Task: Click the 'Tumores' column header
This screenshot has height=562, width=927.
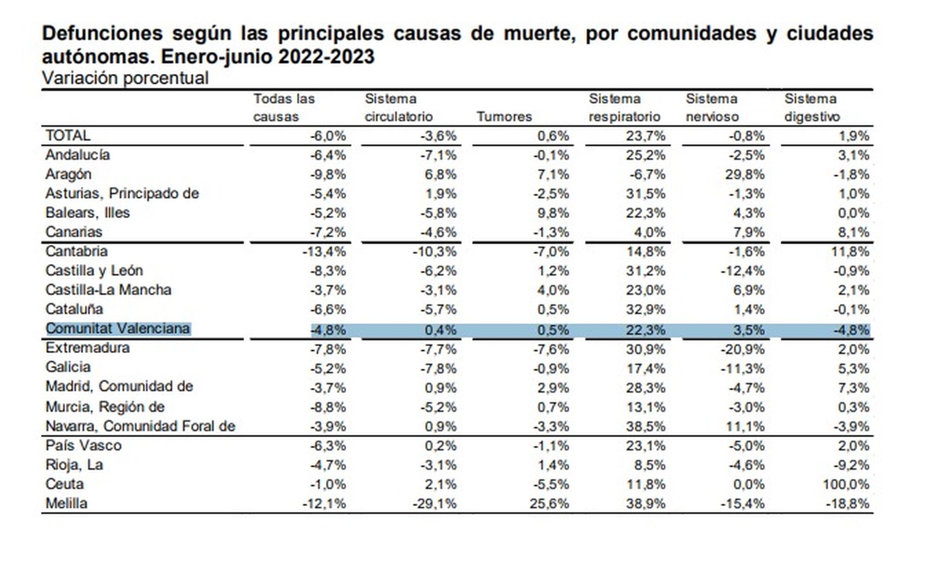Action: click(504, 116)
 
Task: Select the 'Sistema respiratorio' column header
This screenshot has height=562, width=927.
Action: click(624, 108)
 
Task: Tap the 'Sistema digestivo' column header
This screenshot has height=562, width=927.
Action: click(811, 108)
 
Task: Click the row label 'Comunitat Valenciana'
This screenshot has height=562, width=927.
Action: click(118, 329)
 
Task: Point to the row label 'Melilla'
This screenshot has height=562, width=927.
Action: click(67, 503)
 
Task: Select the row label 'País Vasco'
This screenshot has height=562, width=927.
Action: click(83, 446)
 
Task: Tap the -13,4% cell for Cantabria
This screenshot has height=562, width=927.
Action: click(324, 251)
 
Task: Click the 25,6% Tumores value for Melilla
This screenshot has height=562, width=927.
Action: click(549, 503)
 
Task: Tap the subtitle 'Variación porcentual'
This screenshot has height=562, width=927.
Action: click(125, 78)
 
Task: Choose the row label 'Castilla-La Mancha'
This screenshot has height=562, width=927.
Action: click(108, 290)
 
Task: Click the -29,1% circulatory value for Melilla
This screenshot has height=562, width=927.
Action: click(435, 503)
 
